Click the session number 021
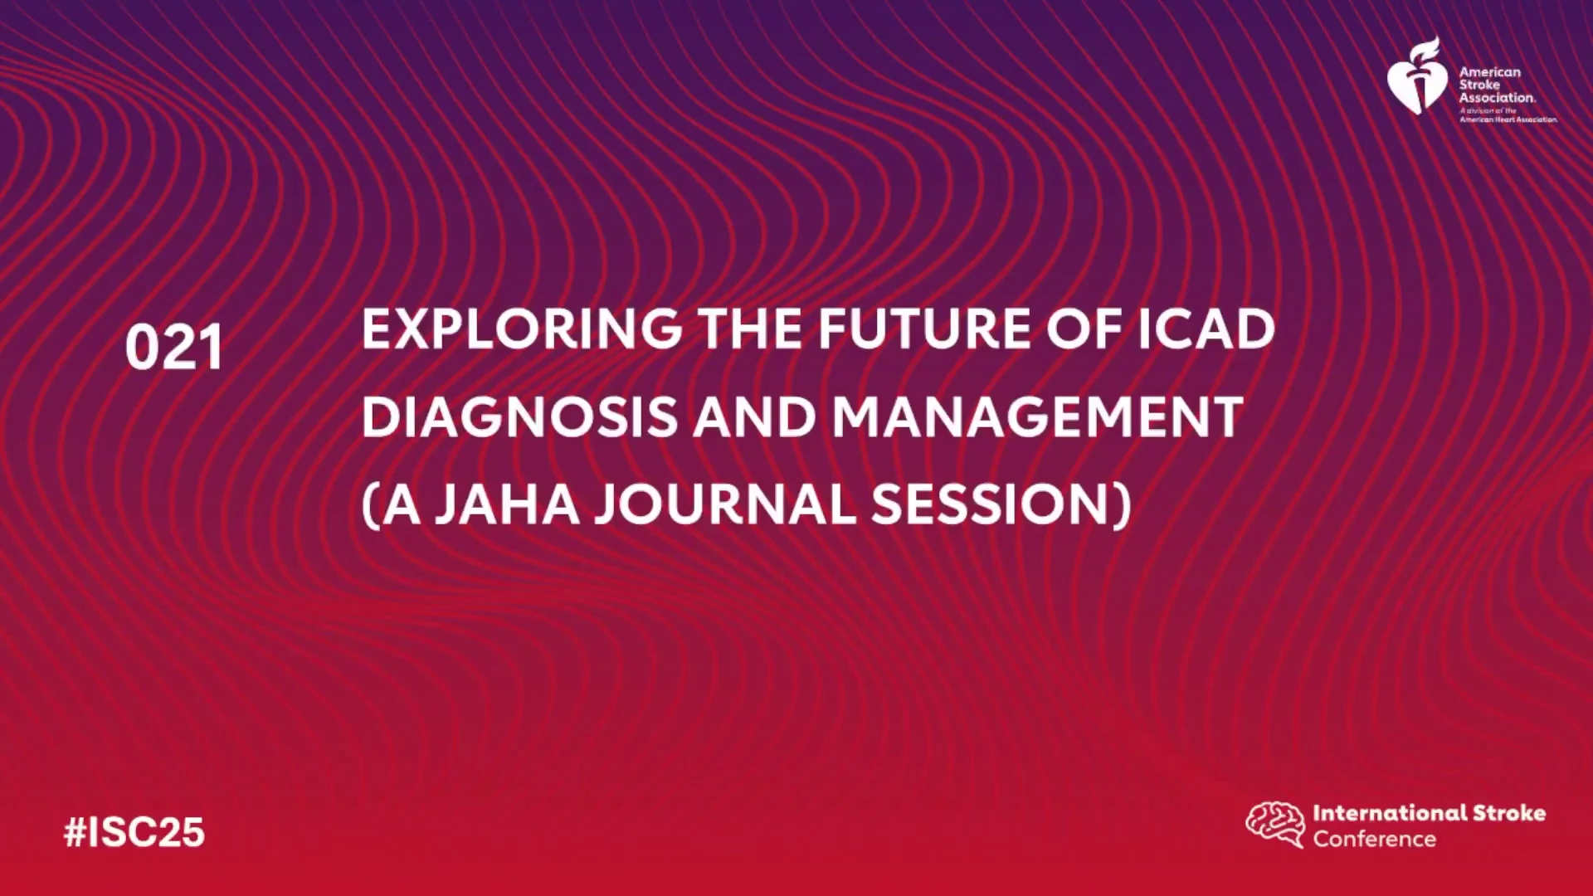pyautogui.click(x=174, y=348)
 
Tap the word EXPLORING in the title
pyautogui.click(x=522, y=329)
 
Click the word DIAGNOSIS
pyautogui.click(x=519, y=416)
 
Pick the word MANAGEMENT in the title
pyautogui.click(x=1037, y=416)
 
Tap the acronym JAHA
pyautogui.click(x=507, y=504)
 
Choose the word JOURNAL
pyautogui.click(x=724, y=504)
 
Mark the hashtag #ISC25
pyautogui.click(x=134, y=832)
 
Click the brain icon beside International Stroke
pyautogui.click(x=1275, y=824)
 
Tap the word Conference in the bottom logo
pyautogui.click(x=1374, y=839)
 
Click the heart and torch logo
pyautogui.click(x=1417, y=76)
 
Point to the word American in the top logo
pyautogui.click(x=1490, y=72)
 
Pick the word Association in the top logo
pyautogui.click(x=1498, y=97)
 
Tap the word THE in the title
pyautogui.click(x=750, y=329)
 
